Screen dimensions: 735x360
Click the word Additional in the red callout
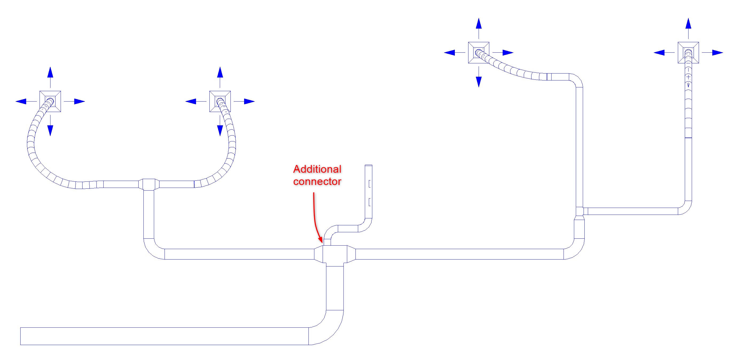(x=317, y=169)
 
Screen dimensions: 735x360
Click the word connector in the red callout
(x=317, y=181)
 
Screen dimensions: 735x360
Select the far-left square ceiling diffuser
(x=50, y=101)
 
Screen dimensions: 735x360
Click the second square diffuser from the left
(x=220, y=101)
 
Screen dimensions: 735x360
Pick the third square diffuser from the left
(x=479, y=53)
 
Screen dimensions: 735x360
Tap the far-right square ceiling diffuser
(x=688, y=53)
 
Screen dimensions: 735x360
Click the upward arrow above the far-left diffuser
(x=50, y=77)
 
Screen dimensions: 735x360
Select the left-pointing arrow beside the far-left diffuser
(x=26, y=101)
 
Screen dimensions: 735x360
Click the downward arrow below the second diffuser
(x=220, y=126)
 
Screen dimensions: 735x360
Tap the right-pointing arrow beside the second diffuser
(x=244, y=101)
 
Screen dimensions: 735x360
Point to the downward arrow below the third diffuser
(x=479, y=77)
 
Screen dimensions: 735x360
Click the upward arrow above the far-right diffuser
(x=688, y=28)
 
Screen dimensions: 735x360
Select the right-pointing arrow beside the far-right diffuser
(x=713, y=53)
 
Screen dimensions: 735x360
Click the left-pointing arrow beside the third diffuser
(x=455, y=53)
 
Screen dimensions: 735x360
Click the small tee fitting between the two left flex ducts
(x=149, y=184)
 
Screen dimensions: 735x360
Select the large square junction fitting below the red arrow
(x=335, y=254)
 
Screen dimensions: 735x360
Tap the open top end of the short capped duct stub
(x=368, y=165)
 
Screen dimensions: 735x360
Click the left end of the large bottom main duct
(x=21, y=336)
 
